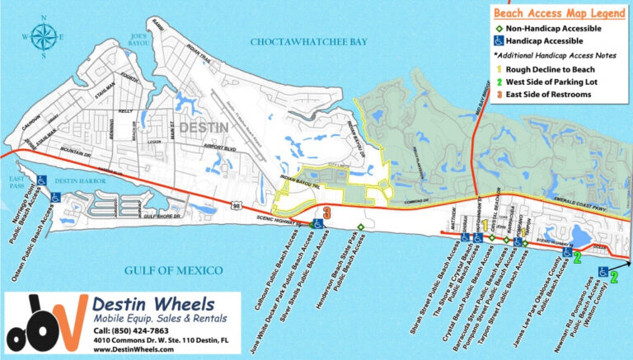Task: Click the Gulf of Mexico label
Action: [x=174, y=270]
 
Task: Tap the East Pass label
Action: [x=15, y=180]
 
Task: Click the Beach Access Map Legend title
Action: [x=560, y=13]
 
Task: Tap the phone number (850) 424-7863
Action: [x=129, y=332]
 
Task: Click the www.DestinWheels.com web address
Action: [x=134, y=349]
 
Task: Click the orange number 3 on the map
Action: [x=327, y=213]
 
